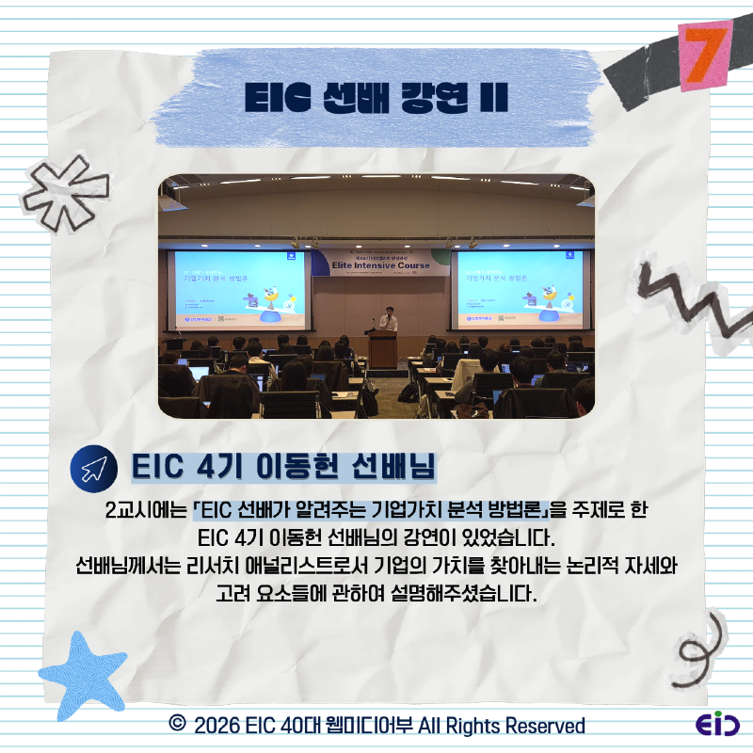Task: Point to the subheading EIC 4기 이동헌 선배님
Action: (x=282, y=469)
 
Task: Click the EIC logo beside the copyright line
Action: (x=717, y=726)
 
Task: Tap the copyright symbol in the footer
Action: (x=175, y=725)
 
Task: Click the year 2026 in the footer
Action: (x=216, y=726)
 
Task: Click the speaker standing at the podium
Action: (x=388, y=319)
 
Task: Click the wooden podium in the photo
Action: (x=382, y=348)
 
